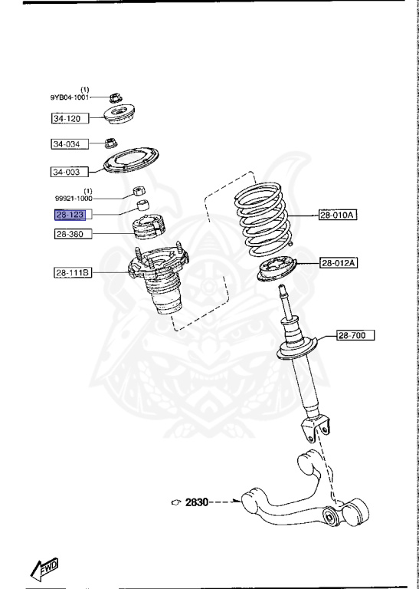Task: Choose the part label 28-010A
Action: pos(338,216)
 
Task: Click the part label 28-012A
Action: pos(338,263)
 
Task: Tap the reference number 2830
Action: pos(196,502)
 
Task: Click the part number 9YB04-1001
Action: pos(70,97)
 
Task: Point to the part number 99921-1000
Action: pos(71,199)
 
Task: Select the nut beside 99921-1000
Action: pos(139,191)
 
